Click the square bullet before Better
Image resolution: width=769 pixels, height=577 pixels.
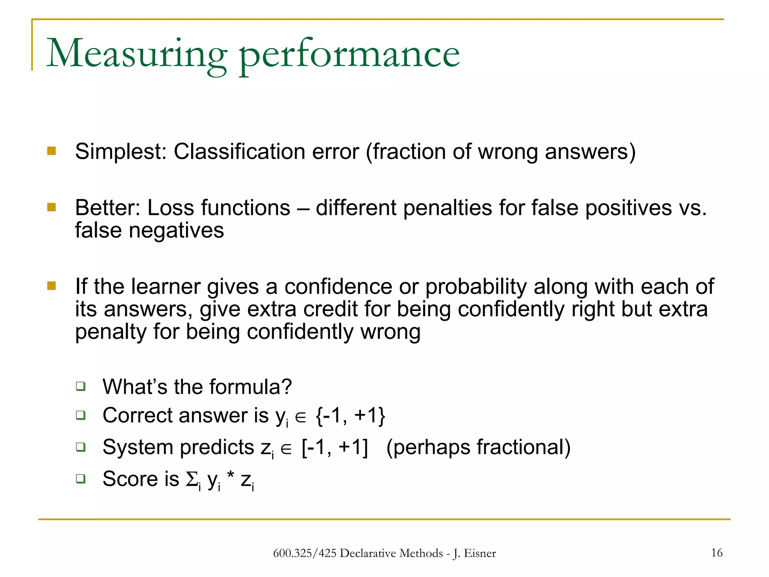(x=51, y=207)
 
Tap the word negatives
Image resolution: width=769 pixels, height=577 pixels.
(x=176, y=230)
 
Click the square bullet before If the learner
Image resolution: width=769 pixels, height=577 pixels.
(x=51, y=286)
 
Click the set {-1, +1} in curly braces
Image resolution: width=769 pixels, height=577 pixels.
(x=350, y=416)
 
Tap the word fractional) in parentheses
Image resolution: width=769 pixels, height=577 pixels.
(x=523, y=447)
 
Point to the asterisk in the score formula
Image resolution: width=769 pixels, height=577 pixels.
(x=231, y=476)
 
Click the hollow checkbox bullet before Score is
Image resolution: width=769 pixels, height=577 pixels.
(x=80, y=479)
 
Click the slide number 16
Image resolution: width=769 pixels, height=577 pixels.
(x=716, y=553)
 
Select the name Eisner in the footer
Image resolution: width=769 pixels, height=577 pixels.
(x=480, y=553)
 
